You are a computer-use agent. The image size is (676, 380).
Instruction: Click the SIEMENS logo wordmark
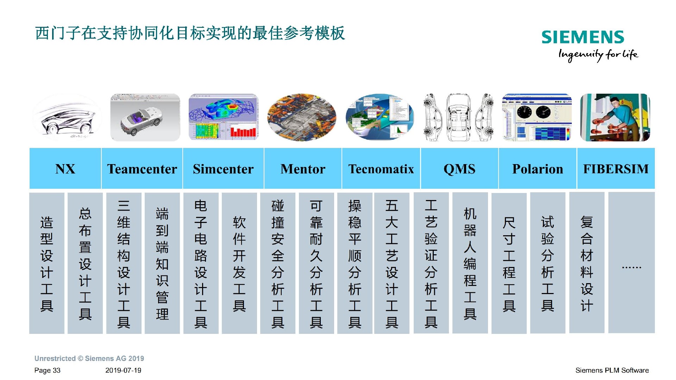[583, 37]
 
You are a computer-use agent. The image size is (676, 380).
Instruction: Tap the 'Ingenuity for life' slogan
[598, 55]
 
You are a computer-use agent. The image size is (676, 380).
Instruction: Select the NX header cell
[65, 169]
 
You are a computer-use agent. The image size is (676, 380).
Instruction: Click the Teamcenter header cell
[142, 169]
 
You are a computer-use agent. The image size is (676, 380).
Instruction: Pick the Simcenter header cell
[223, 169]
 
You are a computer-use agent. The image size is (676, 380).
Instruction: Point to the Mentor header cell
[303, 169]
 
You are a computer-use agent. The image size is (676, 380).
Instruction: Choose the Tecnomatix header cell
[381, 169]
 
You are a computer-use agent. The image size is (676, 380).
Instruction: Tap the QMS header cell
[459, 169]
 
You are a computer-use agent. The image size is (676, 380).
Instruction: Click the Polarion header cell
[538, 169]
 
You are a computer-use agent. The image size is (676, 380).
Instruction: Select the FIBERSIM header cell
[616, 169]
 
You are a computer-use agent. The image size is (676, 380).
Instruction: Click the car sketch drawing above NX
[67, 118]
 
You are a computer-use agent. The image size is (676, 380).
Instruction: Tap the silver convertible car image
[145, 118]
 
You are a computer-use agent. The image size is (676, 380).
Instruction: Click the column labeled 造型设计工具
[47, 263]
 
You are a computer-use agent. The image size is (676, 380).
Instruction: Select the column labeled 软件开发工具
[239, 263]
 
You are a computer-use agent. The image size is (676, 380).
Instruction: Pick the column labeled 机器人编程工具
[470, 263]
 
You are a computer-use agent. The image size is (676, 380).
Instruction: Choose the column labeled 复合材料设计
[587, 263]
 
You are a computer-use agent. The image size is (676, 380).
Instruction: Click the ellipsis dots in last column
[632, 268]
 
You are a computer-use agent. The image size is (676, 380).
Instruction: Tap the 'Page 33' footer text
[48, 370]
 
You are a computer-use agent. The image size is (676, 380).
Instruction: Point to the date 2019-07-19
[123, 370]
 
